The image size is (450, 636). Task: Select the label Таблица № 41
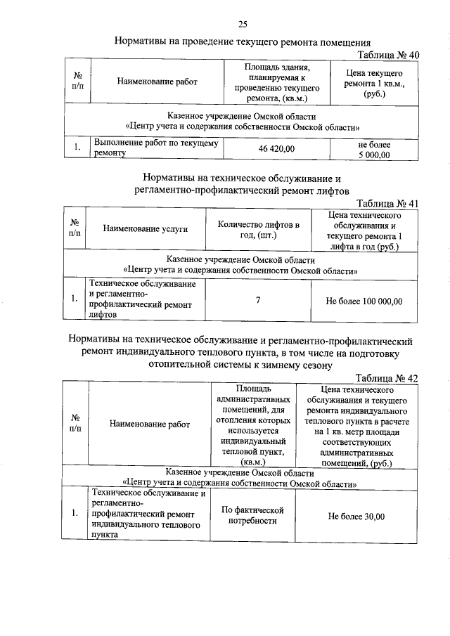(x=387, y=204)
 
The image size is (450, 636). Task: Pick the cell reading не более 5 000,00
(x=374, y=149)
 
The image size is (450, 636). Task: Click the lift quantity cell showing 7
(x=258, y=301)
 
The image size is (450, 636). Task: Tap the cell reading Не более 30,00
(x=356, y=517)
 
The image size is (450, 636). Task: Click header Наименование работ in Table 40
(x=157, y=82)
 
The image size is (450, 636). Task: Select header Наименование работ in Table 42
(x=150, y=424)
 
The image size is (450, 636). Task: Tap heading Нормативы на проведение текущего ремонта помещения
(x=242, y=41)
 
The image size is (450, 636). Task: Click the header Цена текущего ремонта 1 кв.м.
(x=374, y=83)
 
